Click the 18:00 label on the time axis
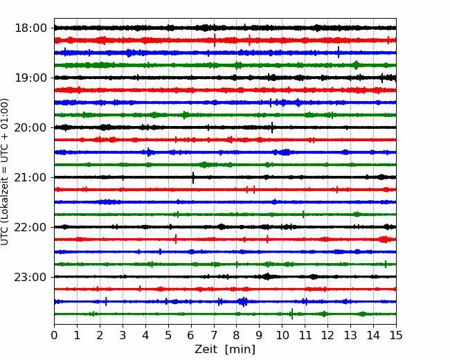30,28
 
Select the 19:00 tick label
30,78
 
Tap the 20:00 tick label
30,127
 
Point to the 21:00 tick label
30,177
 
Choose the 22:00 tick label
30,227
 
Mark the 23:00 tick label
30,277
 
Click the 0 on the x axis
54,335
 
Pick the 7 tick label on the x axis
214,335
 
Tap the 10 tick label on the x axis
282,335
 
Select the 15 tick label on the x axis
396,335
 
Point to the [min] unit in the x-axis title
240,350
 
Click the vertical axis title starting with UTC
5,172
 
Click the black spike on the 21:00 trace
193,178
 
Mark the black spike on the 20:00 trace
272,127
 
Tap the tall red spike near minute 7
215,40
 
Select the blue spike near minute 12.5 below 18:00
339,52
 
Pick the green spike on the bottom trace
292,314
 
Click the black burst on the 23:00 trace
267,276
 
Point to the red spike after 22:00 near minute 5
176,239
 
